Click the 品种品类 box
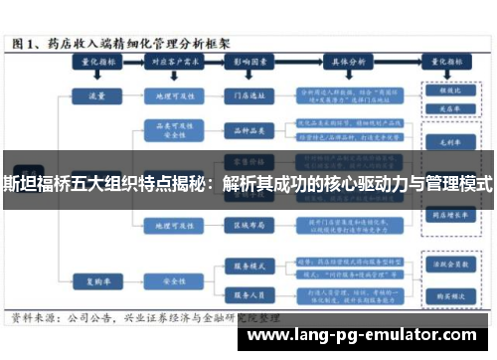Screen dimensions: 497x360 [247, 128]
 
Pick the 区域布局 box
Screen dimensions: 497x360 [247, 225]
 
